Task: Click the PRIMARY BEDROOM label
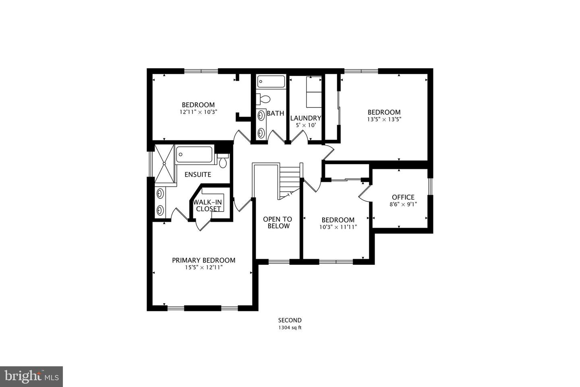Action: pyautogui.click(x=203, y=260)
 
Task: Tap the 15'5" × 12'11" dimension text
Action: pyautogui.click(x=203, y=267)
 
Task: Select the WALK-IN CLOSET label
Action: pyautogui.click(x=208, y=206)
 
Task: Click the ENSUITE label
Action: pyautogui.click(x=198, y=175)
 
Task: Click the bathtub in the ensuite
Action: pyautogui.click(x=194, y=154)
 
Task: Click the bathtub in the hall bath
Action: pyautogui.click(x=271, y=81)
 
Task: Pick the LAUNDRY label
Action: pyautogui.click(x=306, y=118)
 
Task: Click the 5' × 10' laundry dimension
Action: pyautogui.click(x=306, y=125)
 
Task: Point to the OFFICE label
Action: pyautogui.click(x=403, y=197)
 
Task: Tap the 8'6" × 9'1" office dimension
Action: pyautogui.click(x=403, y=204)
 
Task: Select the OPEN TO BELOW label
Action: pyautogui.click(x=278, y=223)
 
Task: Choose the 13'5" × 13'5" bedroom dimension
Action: pyautogui.click(x=384, y=119)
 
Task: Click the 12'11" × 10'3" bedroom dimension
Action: pyautogui.click(x=198, y=112)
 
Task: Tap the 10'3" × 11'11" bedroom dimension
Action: pyautogui.click(x=338, y=227)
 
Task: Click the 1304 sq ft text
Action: pyautogui.click(x=290, y=328)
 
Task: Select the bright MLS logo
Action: pyautogui.click(x=31, y=377)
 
